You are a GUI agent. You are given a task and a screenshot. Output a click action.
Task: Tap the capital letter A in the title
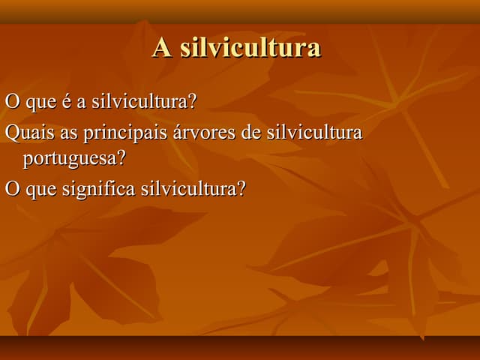coord(161,47)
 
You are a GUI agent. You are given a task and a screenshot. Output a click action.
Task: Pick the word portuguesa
coord(69,160)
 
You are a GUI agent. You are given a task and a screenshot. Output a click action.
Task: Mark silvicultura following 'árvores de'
coord(315,133)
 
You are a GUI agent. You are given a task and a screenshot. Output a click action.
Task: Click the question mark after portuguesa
coord(121,159)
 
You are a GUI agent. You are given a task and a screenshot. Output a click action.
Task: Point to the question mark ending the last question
coord(241,187)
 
